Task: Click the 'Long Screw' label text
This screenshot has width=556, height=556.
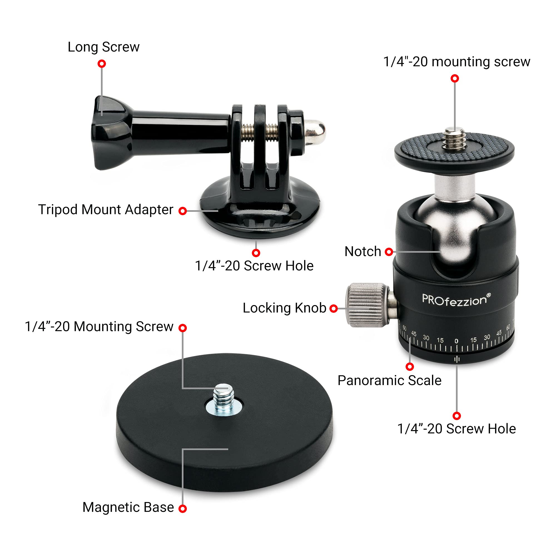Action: (104, 47)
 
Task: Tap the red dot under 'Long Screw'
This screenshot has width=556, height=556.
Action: (101, 64)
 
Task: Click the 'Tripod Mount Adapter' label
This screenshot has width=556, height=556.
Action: (106, 210)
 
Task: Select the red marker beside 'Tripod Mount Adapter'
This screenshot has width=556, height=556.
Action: (182, 211)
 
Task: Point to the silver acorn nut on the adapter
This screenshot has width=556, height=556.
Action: (315, 132)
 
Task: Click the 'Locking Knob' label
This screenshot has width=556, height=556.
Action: (284, 308)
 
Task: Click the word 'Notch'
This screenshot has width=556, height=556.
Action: (363, 252)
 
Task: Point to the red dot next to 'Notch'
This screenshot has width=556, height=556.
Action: (389, 252)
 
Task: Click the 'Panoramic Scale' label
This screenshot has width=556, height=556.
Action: (389, 381)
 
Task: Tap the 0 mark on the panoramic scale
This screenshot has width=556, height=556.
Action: (456, 341)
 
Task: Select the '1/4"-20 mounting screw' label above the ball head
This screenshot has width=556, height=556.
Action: (457, 62)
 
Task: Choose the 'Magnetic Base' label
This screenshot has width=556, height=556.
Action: (128, 507)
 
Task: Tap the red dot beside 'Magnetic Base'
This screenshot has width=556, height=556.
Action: (182, 508)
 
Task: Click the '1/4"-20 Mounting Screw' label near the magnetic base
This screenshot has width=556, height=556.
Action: (99, 327)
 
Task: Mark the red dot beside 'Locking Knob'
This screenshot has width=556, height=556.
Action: (334, 309)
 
